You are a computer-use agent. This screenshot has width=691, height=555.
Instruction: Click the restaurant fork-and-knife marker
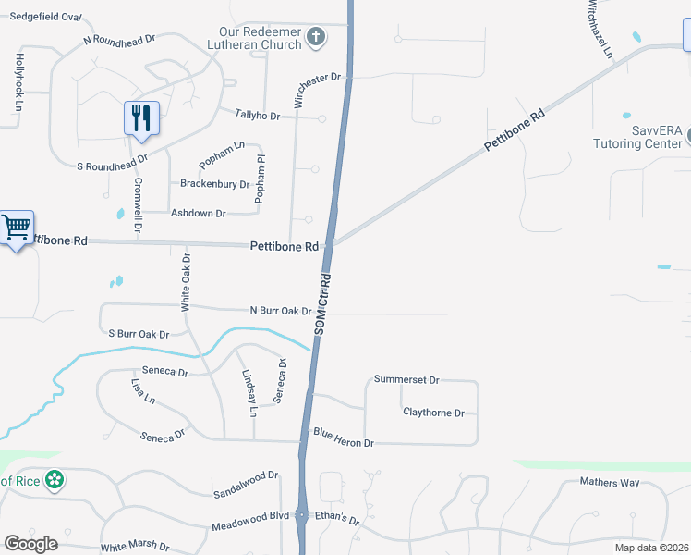(x=141, y=117)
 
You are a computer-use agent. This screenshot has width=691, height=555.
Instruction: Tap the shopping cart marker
(x=16, y=227)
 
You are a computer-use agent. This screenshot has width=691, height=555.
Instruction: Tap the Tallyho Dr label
(x=257, y=115)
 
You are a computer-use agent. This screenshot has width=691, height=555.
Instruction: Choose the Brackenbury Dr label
(x=214, y=184)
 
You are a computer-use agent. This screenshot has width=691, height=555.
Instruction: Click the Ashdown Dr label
(x=199, y=213)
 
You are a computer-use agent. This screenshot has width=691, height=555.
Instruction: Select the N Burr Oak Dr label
(x=280, y=311)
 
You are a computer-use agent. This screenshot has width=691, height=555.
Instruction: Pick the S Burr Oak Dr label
(x=139, y=334)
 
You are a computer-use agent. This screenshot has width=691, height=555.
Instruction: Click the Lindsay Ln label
(x=248, y=392)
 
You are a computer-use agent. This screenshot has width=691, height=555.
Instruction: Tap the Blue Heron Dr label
(x=343, y=443)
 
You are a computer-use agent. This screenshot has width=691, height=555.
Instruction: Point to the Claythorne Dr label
(x=433, y=413)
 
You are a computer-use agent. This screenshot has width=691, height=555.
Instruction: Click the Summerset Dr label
(x=406, y=379)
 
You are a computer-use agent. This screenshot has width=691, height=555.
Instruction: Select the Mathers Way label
(x=610, y=482)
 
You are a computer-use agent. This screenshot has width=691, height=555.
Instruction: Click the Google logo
(x=30, y=543)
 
